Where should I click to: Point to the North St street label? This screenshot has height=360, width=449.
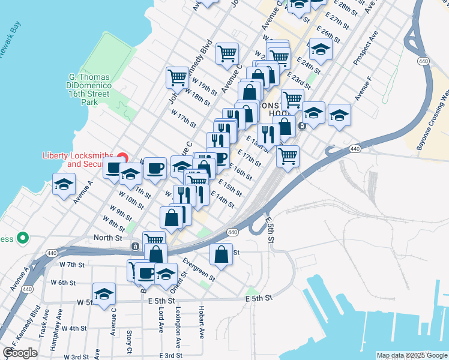[x=107, y=238]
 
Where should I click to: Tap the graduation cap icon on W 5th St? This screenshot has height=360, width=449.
[x=104, y=294]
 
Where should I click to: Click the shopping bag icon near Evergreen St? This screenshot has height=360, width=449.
[x=221, y=254]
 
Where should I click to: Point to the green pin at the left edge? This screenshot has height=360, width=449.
[x=22, y=238]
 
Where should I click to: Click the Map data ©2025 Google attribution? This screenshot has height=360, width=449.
[x=412, y=355]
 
